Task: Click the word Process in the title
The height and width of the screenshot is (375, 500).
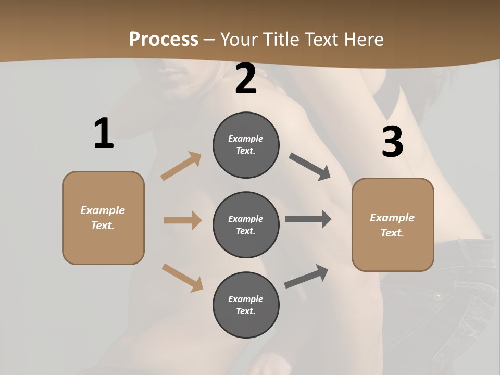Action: point(164,40)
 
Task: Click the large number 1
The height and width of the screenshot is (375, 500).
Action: point(104,133)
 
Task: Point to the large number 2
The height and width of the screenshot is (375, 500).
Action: point(246,79)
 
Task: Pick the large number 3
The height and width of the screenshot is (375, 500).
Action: point(392,142)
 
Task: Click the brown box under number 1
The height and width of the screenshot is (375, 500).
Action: point(103,218)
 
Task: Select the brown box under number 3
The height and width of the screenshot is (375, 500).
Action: point(393,224)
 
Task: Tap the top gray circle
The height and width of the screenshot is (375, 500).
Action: point(246,145)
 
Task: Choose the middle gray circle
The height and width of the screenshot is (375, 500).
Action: point(246,224)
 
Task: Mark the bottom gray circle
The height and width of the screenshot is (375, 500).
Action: point(246,305)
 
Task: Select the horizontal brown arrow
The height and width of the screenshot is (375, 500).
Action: point(182,220)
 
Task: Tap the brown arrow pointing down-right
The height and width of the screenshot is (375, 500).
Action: point(182,278)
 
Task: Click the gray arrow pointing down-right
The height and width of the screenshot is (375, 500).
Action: point(310,167)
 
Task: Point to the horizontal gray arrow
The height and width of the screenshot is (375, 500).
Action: point(308,219)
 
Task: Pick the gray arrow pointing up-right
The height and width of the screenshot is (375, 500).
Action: point(306,277)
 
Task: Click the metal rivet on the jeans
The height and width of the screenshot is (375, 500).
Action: point(438,296)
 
